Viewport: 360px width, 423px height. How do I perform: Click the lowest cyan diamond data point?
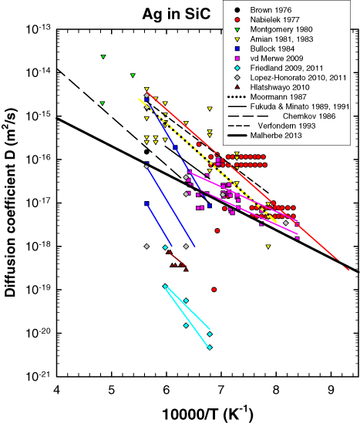click(x=210, y=347)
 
